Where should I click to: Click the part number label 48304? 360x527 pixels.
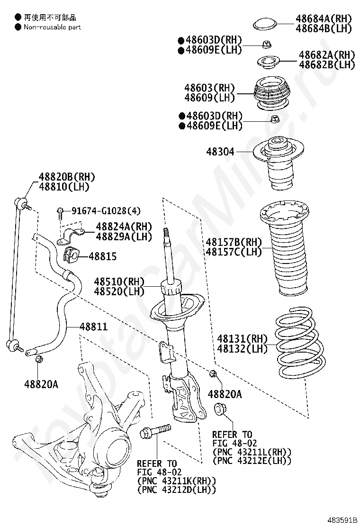[220, 152]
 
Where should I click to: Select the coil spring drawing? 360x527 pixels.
[299, 344]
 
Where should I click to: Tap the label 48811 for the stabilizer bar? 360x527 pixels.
[93, 327]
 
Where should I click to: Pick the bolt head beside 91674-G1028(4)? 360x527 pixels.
[60, 211]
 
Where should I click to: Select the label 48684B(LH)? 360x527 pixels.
[324, 28]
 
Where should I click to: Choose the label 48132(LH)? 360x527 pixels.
[242, 349]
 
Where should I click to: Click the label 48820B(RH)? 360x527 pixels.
[67, 177]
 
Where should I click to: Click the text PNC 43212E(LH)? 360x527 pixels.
[252, 460]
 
